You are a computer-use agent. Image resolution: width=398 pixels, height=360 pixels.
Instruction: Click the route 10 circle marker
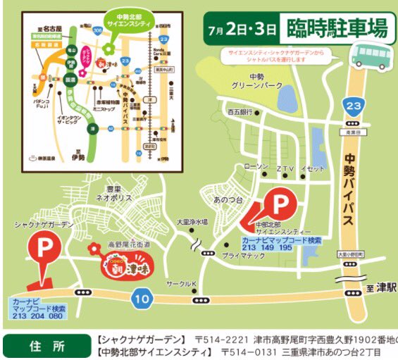pyautogui.click(x=142, y=298)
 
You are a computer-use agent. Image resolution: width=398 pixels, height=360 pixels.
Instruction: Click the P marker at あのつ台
pyautogui.click(x=280, y=205)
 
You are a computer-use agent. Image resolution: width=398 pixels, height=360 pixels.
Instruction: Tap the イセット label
pyautogui.click(x=312, y=168)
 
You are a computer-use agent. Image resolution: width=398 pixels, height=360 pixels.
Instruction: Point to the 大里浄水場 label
pyautogui.click(x=192, y=222)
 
